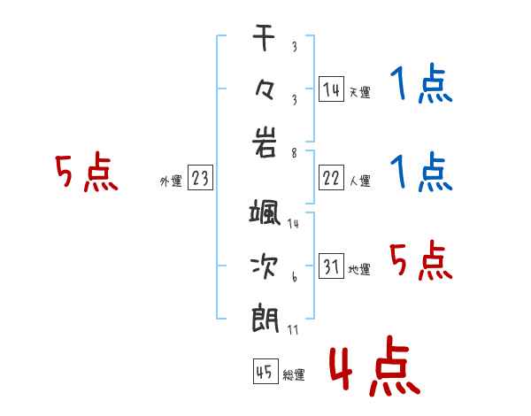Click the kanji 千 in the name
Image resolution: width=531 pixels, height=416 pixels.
click(264, 37)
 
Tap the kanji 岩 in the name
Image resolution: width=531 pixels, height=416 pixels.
click(264, 143)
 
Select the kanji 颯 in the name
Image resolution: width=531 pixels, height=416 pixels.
click(265, 212)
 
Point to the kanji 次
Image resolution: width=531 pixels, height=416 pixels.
click(264, 266)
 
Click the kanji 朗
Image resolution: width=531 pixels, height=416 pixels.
click(265, 320)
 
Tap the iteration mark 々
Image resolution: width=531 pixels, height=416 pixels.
click(264, 90)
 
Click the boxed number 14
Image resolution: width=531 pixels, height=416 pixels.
click(331, 89)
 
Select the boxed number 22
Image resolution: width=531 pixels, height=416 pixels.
click(331, 178)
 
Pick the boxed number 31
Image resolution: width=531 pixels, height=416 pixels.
click(331, 266)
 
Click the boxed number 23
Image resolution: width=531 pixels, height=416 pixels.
click(200, 178)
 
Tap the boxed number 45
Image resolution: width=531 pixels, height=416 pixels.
click(265, 372)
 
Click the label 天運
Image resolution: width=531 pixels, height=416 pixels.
click(359, 92)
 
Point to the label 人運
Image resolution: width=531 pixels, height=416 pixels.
click(359, 181)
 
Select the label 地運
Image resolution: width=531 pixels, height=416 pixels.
click(359, 269)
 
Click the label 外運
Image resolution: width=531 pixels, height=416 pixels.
click(171, 181)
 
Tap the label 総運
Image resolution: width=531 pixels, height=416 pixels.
click(294, 374)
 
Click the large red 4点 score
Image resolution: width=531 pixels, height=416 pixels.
click(374, 366)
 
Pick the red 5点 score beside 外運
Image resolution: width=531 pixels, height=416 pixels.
click(87, 172)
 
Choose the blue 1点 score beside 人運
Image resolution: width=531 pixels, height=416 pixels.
click(421, 172)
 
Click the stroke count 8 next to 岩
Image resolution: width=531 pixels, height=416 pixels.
click(295, 153)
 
